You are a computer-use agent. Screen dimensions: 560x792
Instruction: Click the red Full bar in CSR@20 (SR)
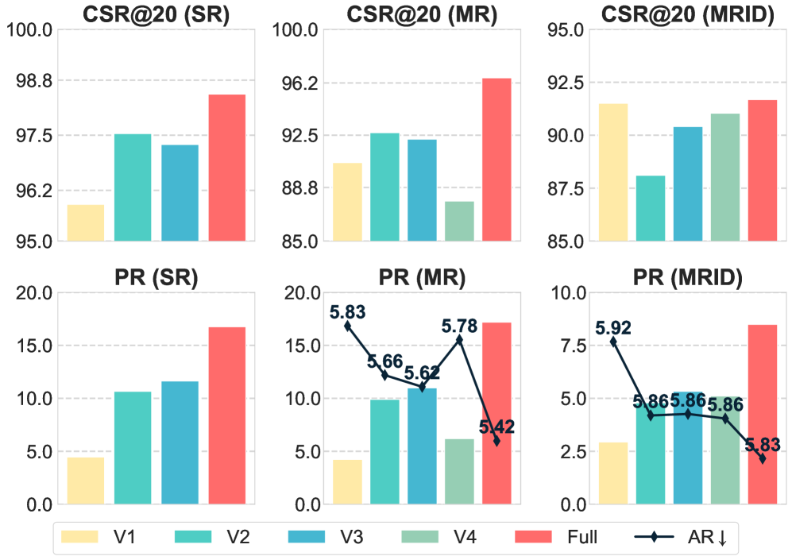tap(227, 168)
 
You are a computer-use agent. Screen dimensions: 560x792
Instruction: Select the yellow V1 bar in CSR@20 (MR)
tap(347, 202)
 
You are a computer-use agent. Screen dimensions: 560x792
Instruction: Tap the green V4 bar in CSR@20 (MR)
tap(459, 221)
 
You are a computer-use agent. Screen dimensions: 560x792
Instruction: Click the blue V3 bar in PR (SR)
tap(180, 442)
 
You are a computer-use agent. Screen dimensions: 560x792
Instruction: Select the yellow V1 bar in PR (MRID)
tap(613, 473)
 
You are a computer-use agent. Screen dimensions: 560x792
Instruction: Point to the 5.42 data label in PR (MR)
tap(496, 427)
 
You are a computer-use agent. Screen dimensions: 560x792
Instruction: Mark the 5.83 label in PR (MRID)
tap(762, 445)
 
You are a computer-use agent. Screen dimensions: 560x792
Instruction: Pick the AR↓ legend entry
tap(688, 538)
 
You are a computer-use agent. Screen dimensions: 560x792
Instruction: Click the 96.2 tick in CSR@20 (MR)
tap(296, 83)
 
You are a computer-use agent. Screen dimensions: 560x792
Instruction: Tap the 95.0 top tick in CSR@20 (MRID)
tap(562, 30)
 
